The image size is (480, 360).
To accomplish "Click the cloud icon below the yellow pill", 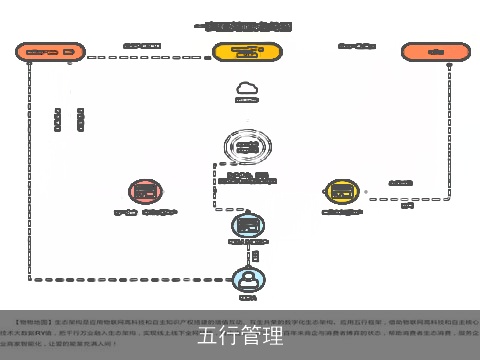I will (x=246, y=88).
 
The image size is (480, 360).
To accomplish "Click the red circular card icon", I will (x=145, y=191).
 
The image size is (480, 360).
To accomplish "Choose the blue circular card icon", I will (x=247, y=225).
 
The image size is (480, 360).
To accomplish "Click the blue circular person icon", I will (x=247, y=278).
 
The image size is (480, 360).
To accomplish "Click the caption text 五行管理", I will (x=240, y=334).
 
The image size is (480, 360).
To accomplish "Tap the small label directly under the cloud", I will (x=246, y=101).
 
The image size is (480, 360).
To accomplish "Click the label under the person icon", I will (x=247, y=297).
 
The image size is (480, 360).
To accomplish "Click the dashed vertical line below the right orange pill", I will (x=441, y=120).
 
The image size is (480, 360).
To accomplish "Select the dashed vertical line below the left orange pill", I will (x=30, y=170).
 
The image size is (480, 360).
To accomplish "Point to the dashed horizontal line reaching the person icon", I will (x=130, y=278).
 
